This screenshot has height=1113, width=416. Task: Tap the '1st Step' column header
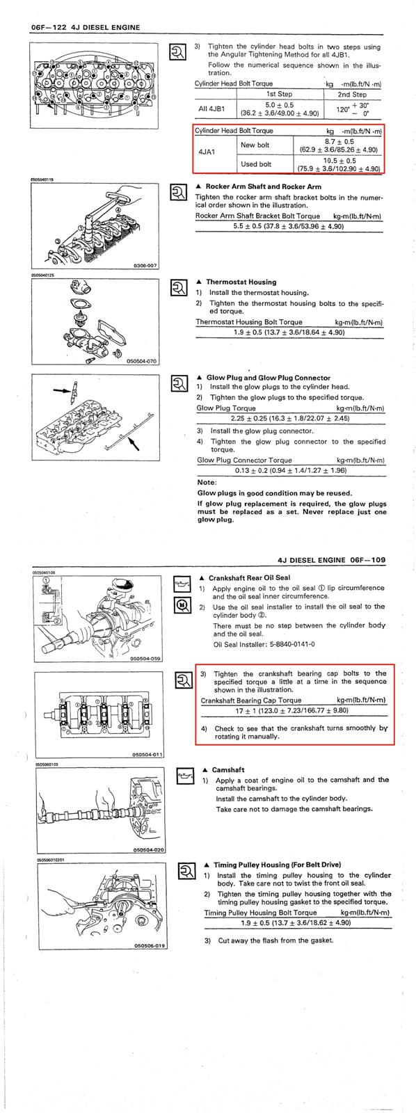coord(280,94)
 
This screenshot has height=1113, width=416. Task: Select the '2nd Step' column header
coord(352,94)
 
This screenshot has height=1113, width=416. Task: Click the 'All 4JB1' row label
coord(211,109)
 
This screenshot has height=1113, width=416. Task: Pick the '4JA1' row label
coord(207,152)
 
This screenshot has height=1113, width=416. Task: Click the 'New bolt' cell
coord(255,145)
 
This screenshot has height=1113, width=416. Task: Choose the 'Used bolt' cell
coord(256,164)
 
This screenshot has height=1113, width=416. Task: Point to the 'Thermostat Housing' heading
coord(241,282)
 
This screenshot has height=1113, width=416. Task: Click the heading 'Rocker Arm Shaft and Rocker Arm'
coord(264,187)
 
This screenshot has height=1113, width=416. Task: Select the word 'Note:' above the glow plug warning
coord(207,482)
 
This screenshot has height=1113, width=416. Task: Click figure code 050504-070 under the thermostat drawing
coord(142,362)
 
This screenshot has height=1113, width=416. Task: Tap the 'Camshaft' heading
coord(228,769)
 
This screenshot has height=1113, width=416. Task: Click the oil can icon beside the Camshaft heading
coord(185,776)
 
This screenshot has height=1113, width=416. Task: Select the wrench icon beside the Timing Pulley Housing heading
coord(187,871)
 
